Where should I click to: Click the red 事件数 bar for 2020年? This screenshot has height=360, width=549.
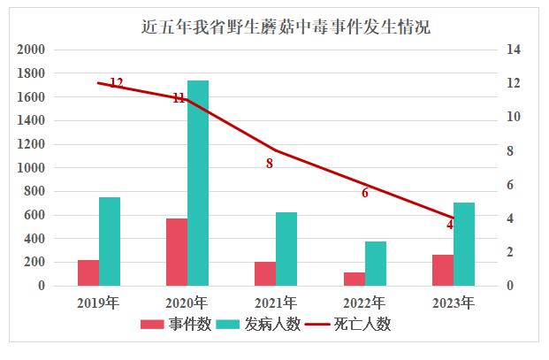tap(177, 252)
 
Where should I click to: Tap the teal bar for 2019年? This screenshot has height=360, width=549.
tap(110, 241)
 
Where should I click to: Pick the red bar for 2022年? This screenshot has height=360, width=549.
tap(354, 279)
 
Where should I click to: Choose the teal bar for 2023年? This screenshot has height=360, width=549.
tap(464, 244)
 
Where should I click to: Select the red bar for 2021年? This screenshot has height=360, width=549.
tap(265, 273)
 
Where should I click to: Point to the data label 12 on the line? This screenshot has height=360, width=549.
tap(116, 83)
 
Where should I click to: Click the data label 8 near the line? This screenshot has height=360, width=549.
tap(270, 164)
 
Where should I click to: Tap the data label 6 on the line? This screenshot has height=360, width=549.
tap(365, 193)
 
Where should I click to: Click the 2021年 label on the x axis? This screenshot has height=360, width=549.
tap(275, 303)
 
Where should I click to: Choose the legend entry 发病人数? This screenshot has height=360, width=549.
tap(267, 325)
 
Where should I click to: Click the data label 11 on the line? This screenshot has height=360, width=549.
tap(179, 98)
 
